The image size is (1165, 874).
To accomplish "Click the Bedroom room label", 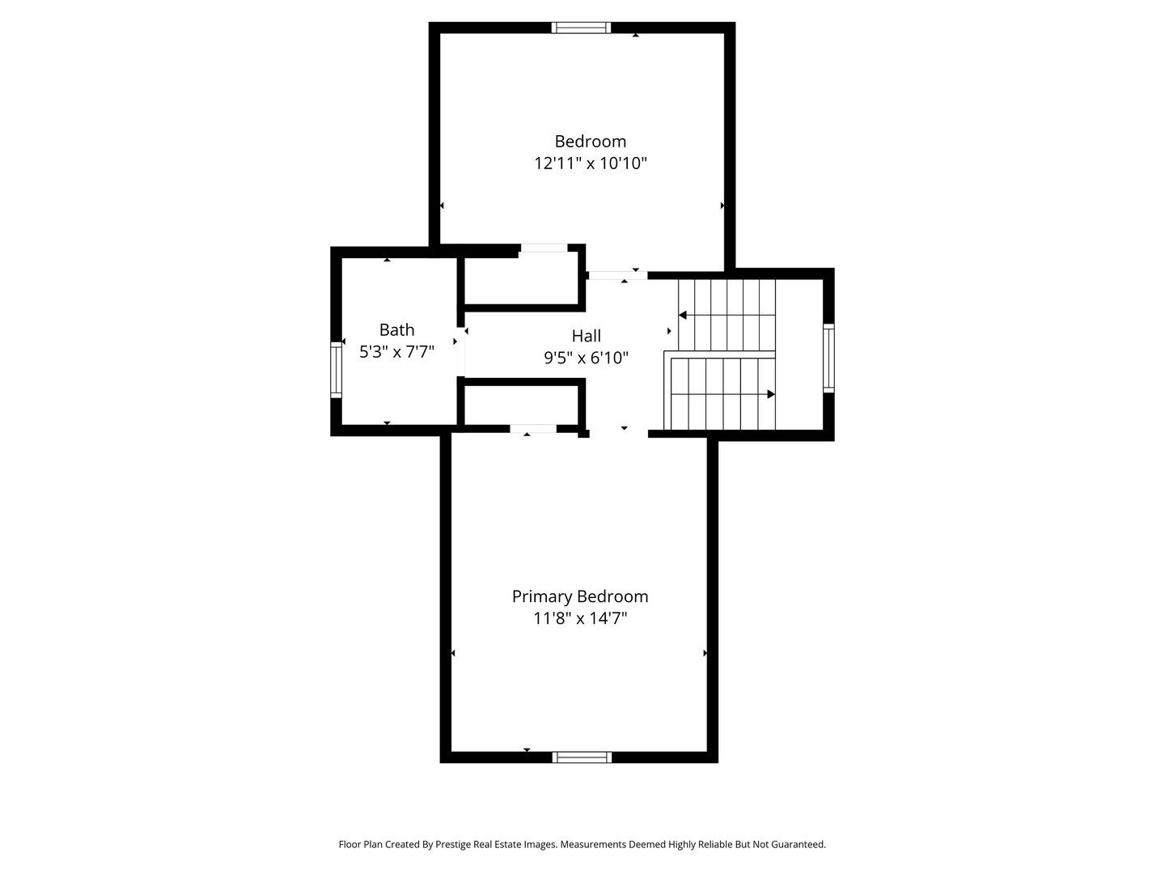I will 590,142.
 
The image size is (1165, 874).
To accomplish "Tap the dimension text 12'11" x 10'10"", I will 590,163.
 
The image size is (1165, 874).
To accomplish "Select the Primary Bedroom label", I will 580,596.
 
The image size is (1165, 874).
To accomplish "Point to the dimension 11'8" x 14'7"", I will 580,619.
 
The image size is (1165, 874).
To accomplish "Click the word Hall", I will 587,336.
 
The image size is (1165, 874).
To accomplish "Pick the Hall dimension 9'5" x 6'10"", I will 587,358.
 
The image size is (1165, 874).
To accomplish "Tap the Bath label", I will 396,329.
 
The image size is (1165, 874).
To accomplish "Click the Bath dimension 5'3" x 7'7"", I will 396,352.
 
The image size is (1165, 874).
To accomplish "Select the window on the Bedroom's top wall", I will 581,28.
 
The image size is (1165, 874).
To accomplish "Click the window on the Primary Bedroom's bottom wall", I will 582,757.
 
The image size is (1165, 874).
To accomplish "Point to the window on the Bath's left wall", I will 336,369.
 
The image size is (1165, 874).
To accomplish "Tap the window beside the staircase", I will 828,358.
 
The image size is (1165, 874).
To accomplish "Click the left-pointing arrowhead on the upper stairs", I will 683,315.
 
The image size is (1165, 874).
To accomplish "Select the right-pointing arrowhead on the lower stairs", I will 771,394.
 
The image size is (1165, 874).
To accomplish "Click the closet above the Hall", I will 522,279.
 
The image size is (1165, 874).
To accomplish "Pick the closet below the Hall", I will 522,405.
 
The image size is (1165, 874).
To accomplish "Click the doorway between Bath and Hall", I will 460,351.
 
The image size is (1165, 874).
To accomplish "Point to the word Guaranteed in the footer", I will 797,844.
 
